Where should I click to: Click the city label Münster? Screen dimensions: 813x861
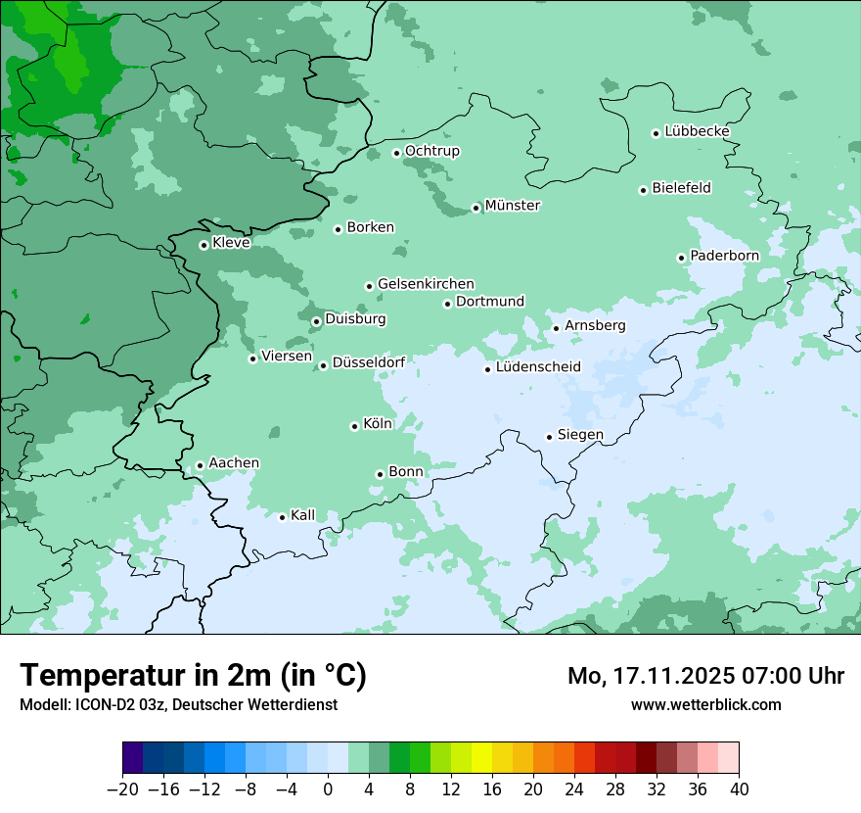click(x=512, y=206)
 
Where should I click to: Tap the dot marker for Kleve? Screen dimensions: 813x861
click(x=204, y=245)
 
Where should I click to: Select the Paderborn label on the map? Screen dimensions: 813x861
click(x=724, y=256)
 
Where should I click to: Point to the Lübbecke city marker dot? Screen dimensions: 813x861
click(x=657, y=133)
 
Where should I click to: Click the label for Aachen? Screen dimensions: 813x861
click(x=234, y=463)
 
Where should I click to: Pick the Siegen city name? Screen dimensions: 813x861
click(x=580, y=435)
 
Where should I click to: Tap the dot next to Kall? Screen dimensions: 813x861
click(x=283, y=517)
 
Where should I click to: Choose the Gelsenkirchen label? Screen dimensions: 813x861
click(x=426, y=284)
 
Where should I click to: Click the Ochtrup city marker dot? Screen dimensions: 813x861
click(x=397, y=153)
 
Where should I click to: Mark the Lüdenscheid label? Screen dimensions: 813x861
click(x=538, y=367)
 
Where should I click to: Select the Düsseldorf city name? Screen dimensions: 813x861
click(x=368, y=362)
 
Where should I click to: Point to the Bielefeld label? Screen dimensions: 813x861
click(x=681, y=188)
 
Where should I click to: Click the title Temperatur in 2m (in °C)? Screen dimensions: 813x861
click(x=193, y=676)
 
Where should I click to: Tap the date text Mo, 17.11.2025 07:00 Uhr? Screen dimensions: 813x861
click(x=705, y=676)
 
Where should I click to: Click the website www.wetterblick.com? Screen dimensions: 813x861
click(x=705, y=704)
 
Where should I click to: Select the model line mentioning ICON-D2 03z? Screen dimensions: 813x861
click(x=178, y=704)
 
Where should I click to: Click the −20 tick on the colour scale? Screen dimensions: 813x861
click(x=123, y=789)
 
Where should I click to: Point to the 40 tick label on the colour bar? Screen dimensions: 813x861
click(x=739, y=789)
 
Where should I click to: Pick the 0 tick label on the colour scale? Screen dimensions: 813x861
click(x=328, y=789)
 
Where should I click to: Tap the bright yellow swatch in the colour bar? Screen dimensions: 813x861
click(x=481, y=758)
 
